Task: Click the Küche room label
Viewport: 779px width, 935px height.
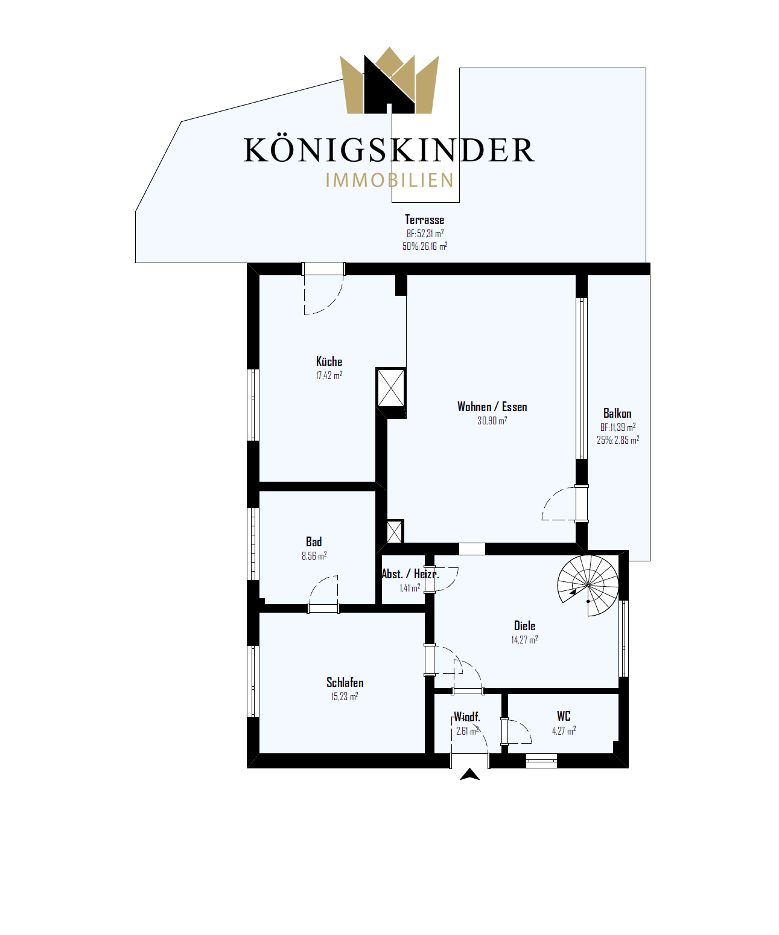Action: pyautogui.click(x=329, y=362)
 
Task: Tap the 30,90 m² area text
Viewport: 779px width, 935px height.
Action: pyautogui.click(x=492, y=421)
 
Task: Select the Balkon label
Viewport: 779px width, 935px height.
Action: pyautogui.click(x=617, y=413)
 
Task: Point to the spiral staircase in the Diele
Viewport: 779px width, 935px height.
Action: pyautogui.click(x=587, y=585)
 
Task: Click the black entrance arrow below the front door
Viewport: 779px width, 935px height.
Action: pyautogui.click(x=469, y=774)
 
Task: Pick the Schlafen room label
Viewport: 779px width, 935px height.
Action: pyautogui.click(x=345, y=683)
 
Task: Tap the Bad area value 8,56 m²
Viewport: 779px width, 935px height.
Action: pyautogui.click(x=314, y=556)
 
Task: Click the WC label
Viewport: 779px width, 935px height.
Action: pyautogui.click(x=563, y=716)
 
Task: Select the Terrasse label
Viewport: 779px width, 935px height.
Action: pyautogui.click(x=424, y=220)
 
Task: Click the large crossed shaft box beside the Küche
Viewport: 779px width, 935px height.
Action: pyautogui.click(x=391, y=388)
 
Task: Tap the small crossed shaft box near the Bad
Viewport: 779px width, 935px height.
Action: pyautogui.click(x=395, y=532)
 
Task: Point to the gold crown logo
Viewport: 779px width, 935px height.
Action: pyautogui.click(x=389, y=81)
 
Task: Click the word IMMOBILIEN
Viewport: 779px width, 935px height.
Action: pyautogui.click(x=390, y=180)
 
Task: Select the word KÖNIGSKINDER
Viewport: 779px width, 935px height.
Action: pyautogui.click(x=389, y=150)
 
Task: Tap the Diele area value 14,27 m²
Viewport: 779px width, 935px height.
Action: pyautogui.click(x=524, y=640)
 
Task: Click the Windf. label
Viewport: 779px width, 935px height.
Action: pyautogui.click(x=466, y=717)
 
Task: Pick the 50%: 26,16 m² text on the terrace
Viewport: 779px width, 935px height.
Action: pyautogui.click(x=425, y=246)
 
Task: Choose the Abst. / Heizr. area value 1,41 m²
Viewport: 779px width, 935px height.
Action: pyautogui.click(x=410, y=587)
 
